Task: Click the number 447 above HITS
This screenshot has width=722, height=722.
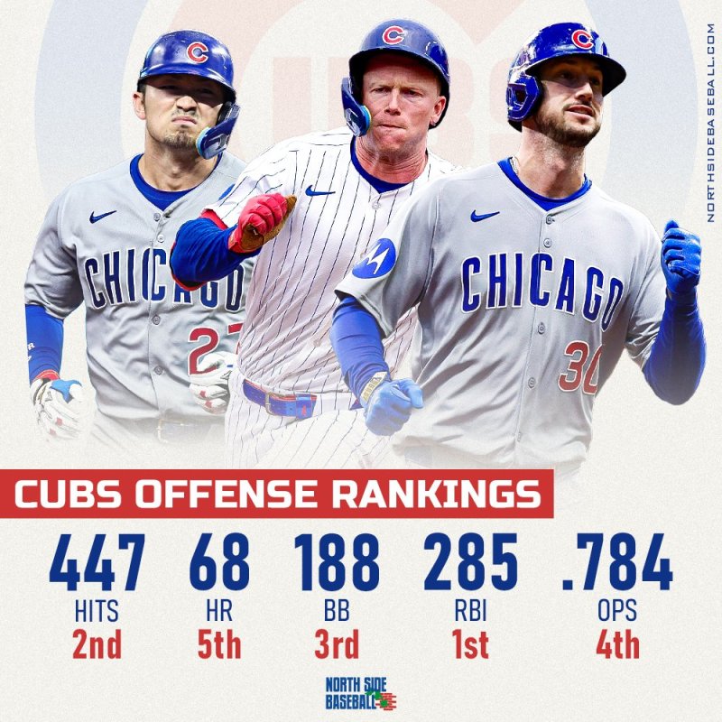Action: (97, 563)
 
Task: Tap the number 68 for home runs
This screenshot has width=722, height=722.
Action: (219, 563)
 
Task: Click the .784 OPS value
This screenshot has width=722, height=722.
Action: (616, 563)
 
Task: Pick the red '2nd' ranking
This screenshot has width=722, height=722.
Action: (97, 645)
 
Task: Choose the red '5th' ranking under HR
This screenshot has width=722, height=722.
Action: (219, 645)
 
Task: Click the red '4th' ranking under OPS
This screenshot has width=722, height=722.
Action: (617, 645)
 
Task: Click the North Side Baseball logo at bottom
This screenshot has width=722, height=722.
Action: (361, 693)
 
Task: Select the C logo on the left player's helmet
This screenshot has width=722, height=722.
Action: (197, 52)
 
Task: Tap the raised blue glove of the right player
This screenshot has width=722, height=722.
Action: (680, 255)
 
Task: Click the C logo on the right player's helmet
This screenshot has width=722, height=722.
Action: (582, 39)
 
